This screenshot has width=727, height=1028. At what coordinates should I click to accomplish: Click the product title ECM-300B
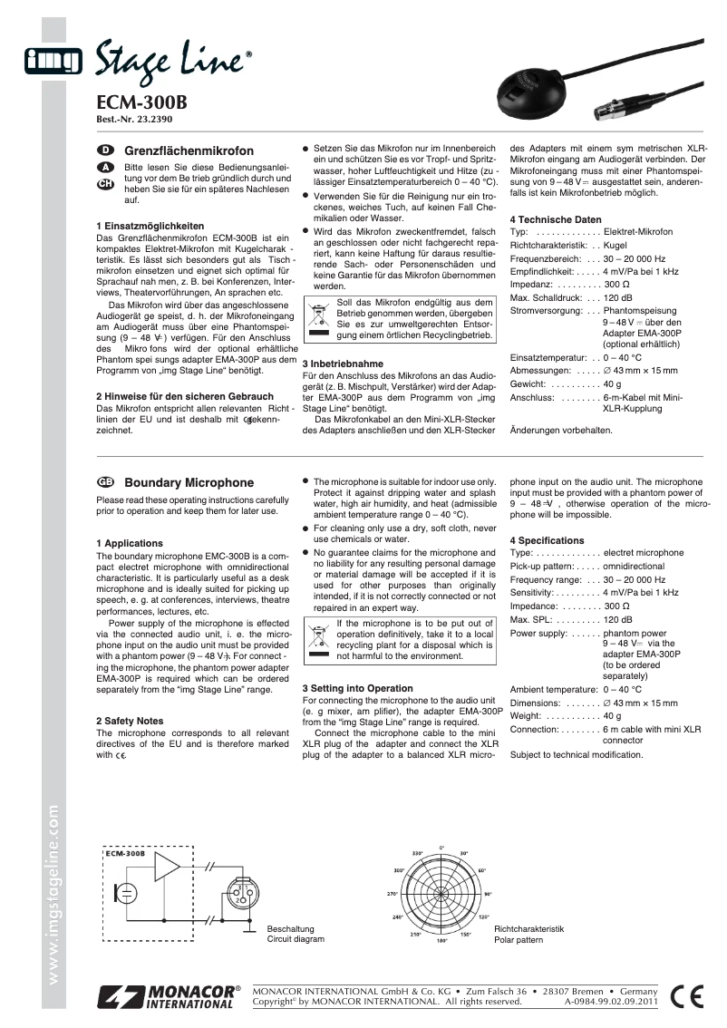(141, 102)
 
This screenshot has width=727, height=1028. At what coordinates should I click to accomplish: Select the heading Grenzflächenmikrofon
(189, 150)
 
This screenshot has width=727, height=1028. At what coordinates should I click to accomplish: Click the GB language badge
(104, 482)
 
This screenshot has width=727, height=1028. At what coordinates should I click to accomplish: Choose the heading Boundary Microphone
(189, 483)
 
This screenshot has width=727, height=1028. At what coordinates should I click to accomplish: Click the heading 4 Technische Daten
(555, 219)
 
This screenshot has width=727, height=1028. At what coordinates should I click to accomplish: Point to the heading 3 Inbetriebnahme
(343, 364)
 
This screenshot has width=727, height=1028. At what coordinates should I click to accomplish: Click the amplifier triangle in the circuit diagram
(169, 868)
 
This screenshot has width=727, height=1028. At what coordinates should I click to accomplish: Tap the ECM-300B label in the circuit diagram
(124, 853)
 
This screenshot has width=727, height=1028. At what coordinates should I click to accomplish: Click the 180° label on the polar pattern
(442, 941)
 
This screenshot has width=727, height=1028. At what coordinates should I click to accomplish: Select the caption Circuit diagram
(295, 940)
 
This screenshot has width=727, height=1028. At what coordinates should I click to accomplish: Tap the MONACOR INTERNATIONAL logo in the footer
(169, 996)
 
